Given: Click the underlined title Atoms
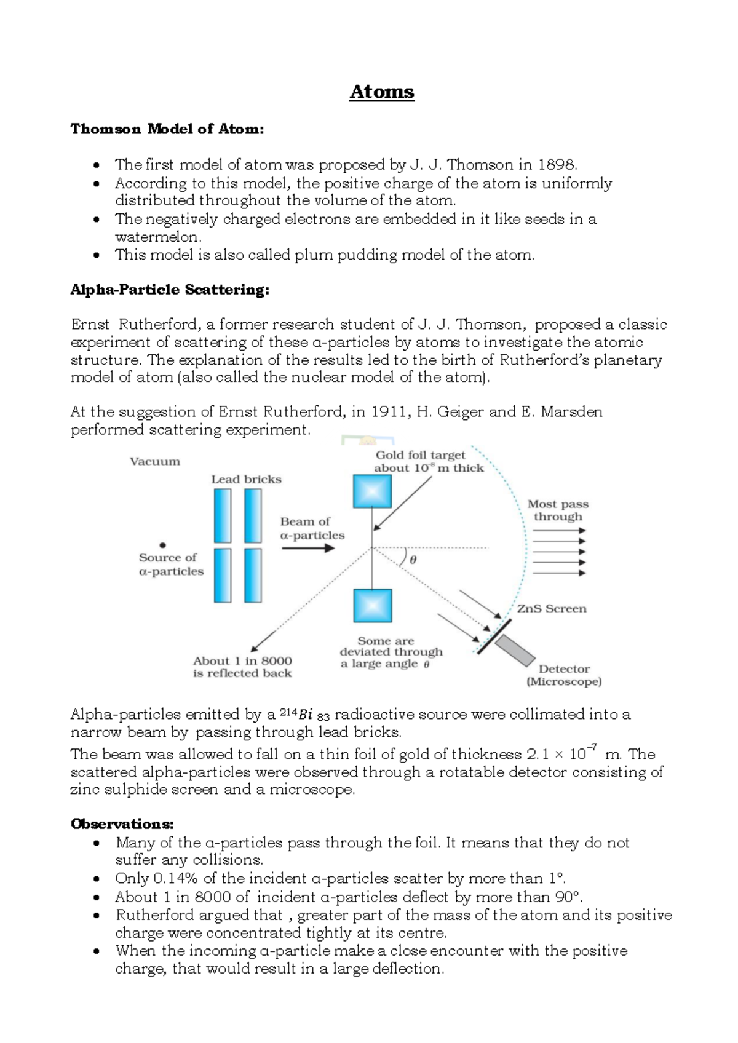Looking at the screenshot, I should pyautogui.click(x=381, y=92).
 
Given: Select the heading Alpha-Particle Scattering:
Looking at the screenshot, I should pyautogui.click(x=170, y=290).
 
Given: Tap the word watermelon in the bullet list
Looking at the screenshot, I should pyautogui.click(x=157, y=237).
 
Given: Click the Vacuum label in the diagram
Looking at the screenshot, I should pyautogui.click(x=155, y=461).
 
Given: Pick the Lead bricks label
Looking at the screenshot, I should pyautogui.click(x=246, y=479).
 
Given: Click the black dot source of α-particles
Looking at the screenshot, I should pyautogui.click(x=163, y=545).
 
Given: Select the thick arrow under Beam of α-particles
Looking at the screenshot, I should pyautogui.click(x=308, y=547).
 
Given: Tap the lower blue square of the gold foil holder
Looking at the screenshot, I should pyautogui.click(x=372, y=606).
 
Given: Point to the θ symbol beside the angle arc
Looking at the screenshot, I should pyautogui.click(x=413, y=560).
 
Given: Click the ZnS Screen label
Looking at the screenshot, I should pyautogui.click(x=552, y=609).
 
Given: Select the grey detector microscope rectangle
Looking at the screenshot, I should pyautogui.click(x=515, y=651).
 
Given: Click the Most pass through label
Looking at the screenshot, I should pyautogui.click(x=558, y=510).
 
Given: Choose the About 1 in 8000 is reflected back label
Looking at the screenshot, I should pyautogui.click(x=242, y=667).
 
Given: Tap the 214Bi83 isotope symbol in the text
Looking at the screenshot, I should pyautogui.click(x=306, y=715).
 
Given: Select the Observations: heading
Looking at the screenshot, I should pyautogui.click(x=122, y=823).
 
